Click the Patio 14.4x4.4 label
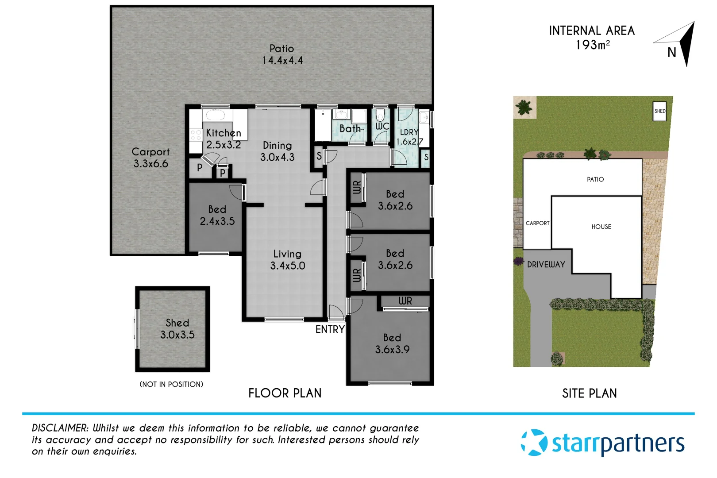pyautogui.click(x=282, y=54)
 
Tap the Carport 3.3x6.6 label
pyautogui.click(x=150, y=158)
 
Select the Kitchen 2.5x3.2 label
pyautogui.click(x=224, y=139)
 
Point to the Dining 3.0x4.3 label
pyautogui.click(x=277, y=151)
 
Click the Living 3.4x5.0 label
pyautogui.click(x=288, y=260)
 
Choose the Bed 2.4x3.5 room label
pyautogui.click(x=217, y=215)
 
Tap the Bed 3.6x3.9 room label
pyautogui.click(x=392, y=343)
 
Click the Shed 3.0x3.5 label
pyautogui.click(x=177, y=329)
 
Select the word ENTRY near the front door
pyautogui.click(x=330, y=329)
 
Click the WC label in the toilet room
pyautogui.click(x=382, y=126)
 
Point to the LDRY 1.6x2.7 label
pyautogui.click(x=409, y=137)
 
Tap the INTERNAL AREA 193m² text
pyautogui.click(x=592, y=37)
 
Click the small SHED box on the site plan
pyautogui.click(x=659, y=111)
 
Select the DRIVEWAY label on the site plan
pyautogui.click(x=546, y=265)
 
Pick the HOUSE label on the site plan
pyautogui.click(x=601, y=227)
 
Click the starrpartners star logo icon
pyautogui.click(x=534, y=442)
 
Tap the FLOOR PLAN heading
pyautogui.click(x=285, y=393)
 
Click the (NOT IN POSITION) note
pyautogui.click(x=171, y=384)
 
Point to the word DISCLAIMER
pyautogui.click(x=60, y=428)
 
